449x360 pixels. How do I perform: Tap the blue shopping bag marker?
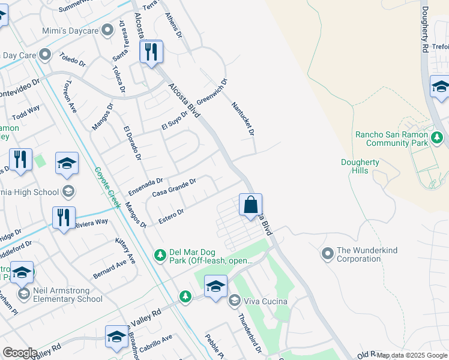(x=250, y=205)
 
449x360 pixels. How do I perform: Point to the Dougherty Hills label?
(x=358, y=166)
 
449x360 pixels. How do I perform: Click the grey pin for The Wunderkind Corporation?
(x=327, y=253)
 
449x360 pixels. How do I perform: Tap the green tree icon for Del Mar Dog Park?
(x=160, y=256)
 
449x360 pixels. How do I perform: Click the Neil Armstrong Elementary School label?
(x=68, y=294)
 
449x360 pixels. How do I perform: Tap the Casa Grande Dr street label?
(x=174, y=187)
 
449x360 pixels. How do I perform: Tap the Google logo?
(x=20, y=353)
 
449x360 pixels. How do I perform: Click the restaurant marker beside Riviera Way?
(x=64, y=218)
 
